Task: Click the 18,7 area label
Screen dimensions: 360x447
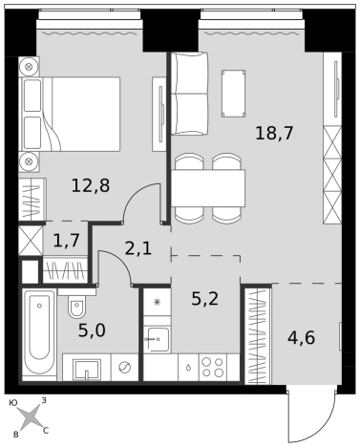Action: (274, 133)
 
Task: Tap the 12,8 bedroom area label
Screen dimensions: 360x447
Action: (91, 185)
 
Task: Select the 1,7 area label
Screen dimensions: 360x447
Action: (67, 240)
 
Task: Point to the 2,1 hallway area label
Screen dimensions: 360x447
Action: (138, 248)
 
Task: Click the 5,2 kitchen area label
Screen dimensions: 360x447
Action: (205, 298)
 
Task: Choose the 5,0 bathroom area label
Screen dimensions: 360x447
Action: (92, 330)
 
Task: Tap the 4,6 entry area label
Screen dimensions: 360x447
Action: (301, 338)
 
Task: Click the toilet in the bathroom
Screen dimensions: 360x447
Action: (76, 304)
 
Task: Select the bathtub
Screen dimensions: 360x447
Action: (39, 334)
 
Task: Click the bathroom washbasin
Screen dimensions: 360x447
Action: (86, 370)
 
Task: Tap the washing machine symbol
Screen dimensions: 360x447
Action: (124, 368)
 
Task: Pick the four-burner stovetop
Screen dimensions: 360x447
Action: (213, 367)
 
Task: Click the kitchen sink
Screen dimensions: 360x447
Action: (157, 340)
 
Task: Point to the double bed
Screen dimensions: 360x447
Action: (70, 114)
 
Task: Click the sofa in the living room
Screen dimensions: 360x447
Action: (189, 94)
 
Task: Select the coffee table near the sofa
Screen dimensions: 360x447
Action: (233, 94)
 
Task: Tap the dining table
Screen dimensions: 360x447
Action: (208, 188)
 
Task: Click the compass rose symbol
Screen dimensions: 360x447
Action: (30, 417)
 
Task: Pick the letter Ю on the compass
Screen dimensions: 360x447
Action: (13, 403)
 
